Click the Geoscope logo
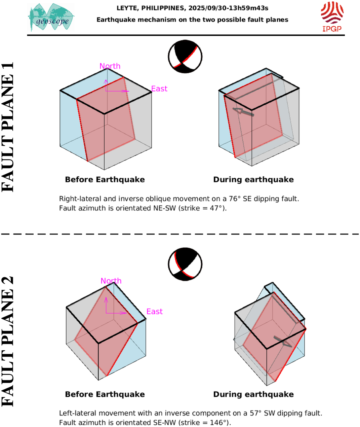pyautogui.click(x=51, y=17)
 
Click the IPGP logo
pyautogui.click(x=332, y=16)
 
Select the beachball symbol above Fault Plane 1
pyautogui.click(x=185, y=57)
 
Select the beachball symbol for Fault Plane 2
pyautogui.click(x=185, y=264)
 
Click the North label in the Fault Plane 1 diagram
pyautogui.click(x=110, y=66)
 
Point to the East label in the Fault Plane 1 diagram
pyautogui.click(x=159, y=89)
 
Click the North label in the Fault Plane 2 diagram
pyautogui.click(x=111, y=281)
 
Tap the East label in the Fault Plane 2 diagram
pyautogui.click(x=154, y=312)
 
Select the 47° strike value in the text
pyautogui.click(x=216, y=208)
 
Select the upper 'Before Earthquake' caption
pyautogui.click(x=105, y=180)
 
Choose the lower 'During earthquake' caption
pyautogui.click(x=253, y=394)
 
